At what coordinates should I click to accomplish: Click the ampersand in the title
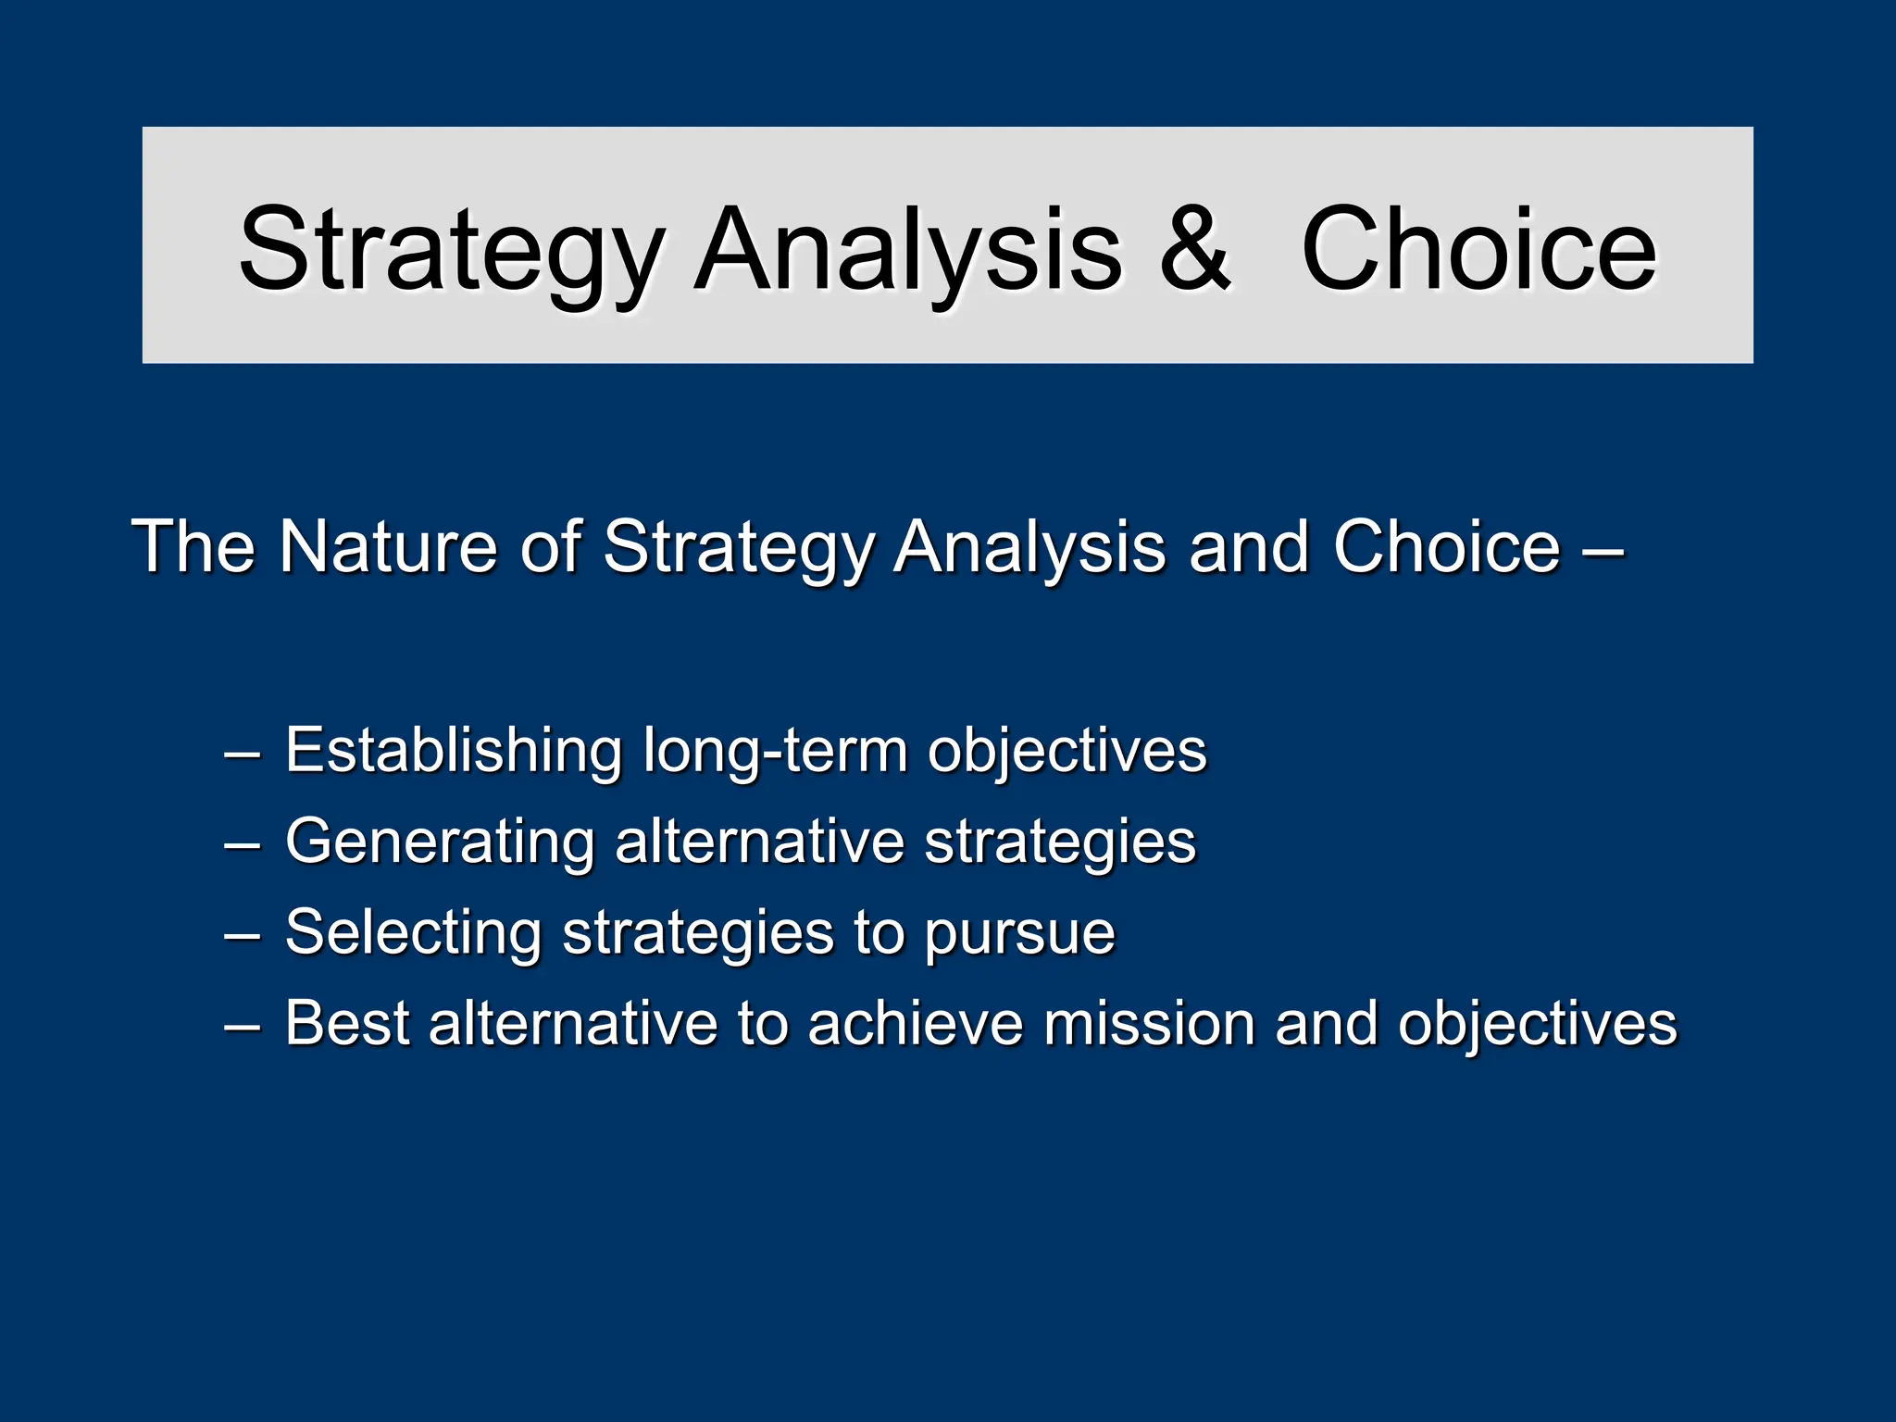(x=1194, y=248)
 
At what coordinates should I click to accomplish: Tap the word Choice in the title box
(x=1478, y=248)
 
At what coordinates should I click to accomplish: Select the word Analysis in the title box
(x=908, y=250)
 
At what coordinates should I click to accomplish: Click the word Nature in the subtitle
(x=389, y=546)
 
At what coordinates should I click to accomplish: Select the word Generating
(x=439, y=842)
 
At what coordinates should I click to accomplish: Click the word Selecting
(x=413, y=932)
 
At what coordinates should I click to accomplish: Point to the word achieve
(x=915, y=1023)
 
